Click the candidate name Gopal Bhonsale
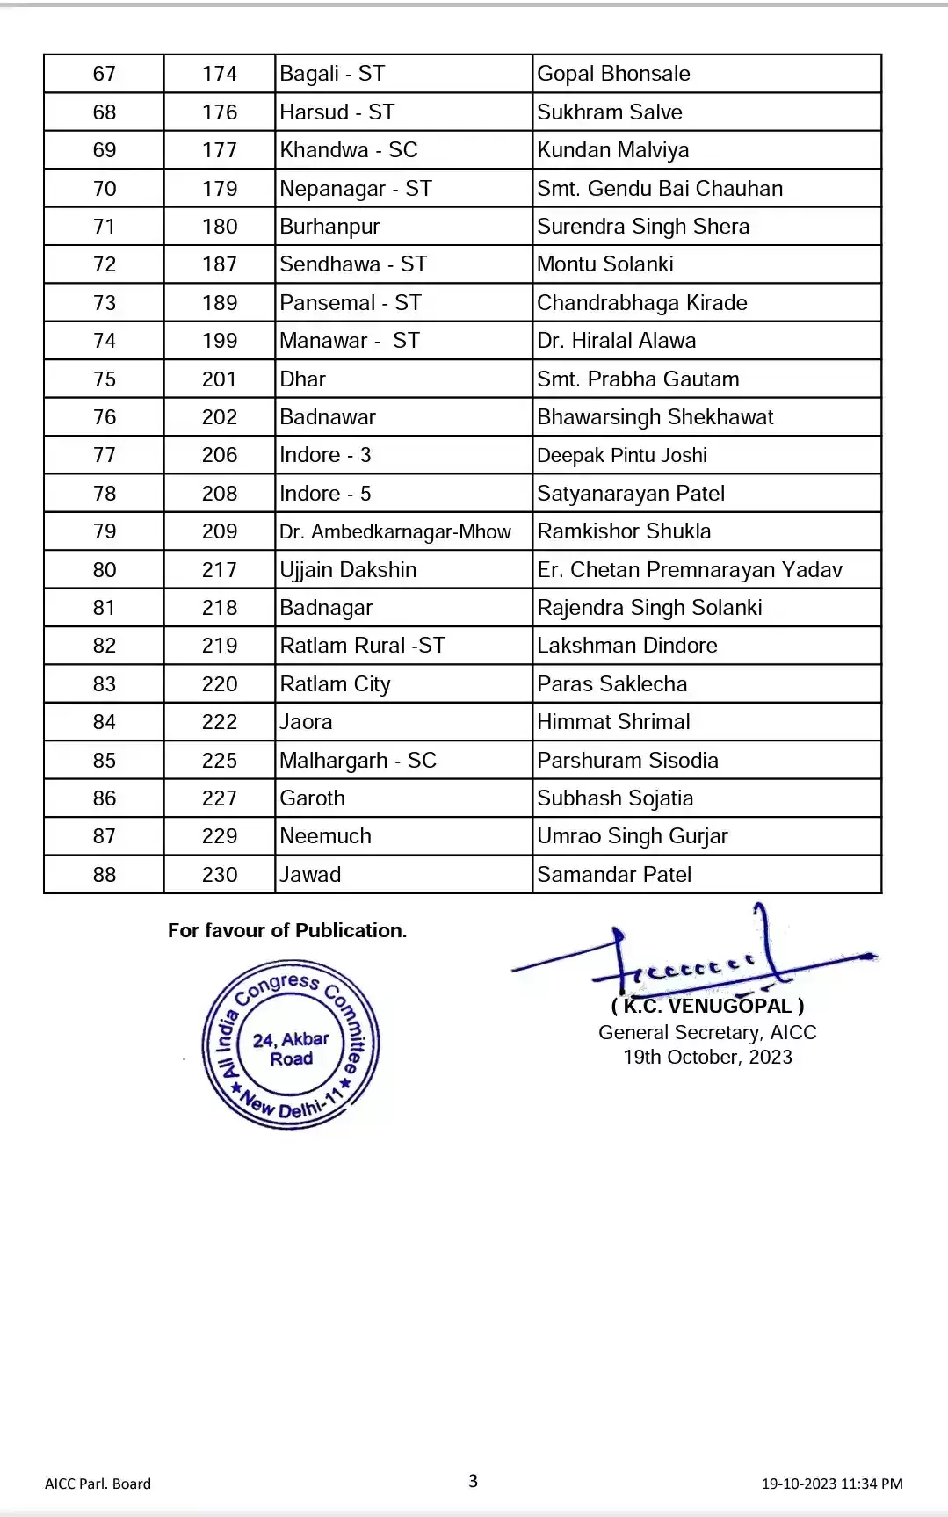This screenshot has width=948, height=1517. click(x=613, y=74)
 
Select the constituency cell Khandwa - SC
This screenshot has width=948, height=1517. click(x=349, y=150)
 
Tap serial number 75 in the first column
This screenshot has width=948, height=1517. click(x=105, y=379)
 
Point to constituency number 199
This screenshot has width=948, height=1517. click(x=220, y=341)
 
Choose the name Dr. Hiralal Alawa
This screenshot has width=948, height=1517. click(x=616, y=341)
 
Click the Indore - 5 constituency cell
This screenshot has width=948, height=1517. click(x=325, y=494)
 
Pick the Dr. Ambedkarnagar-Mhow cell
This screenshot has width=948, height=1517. click(x=395, y=531)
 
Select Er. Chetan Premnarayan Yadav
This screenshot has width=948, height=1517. click(x=690, y=570)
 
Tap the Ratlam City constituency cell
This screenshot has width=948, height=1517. click(x=335, y=684)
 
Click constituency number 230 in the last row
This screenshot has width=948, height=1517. click(x=220, y=875)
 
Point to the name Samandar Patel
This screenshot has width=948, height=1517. click(x=614, y=875)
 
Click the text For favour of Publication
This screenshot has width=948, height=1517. click(x=287, y=931)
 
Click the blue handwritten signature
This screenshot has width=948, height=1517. click(x=694, y=957)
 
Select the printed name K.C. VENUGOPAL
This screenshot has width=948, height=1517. click(x=708, y=1007)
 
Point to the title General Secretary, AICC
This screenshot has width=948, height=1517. click(x=707, y=1033)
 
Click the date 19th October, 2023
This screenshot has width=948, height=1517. click(x=707, y=1058)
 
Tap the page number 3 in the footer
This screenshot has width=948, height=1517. click(x=473, y=1482)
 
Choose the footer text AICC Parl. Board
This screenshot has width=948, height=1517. click(x=98, y=1484)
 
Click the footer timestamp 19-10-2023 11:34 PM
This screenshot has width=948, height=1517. click(x=831, y=1484)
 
